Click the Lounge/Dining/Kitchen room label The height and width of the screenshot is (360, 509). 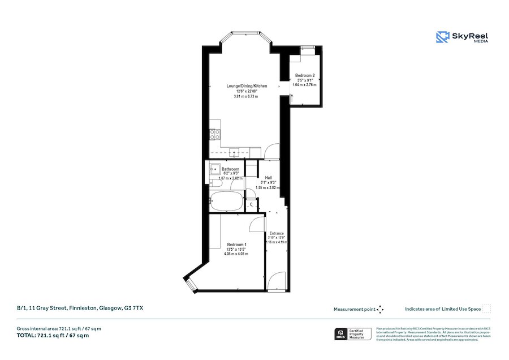click(x=246, y=86)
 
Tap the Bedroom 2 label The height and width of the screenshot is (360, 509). click(x=305, y=76)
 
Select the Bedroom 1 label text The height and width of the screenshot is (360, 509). click(x=229, y=245)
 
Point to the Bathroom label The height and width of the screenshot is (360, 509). click(x=230, y=169)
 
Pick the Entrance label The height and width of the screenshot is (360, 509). click(x=277, y=233)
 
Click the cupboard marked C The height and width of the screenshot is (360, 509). click(x=251, y=204)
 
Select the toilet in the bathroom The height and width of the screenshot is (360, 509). click(x=215, y=183)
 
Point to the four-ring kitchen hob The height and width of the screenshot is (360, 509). click(x=215, y=134)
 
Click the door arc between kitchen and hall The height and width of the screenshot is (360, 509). click(x=272, y=150)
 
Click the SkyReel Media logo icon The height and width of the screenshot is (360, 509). click(x=442, y=37)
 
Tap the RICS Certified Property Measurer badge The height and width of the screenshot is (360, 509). click(x=353, y=334)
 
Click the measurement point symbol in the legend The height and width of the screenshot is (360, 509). click(x=381, y=309)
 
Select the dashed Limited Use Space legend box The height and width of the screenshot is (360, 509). click(x=487, y=309)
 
